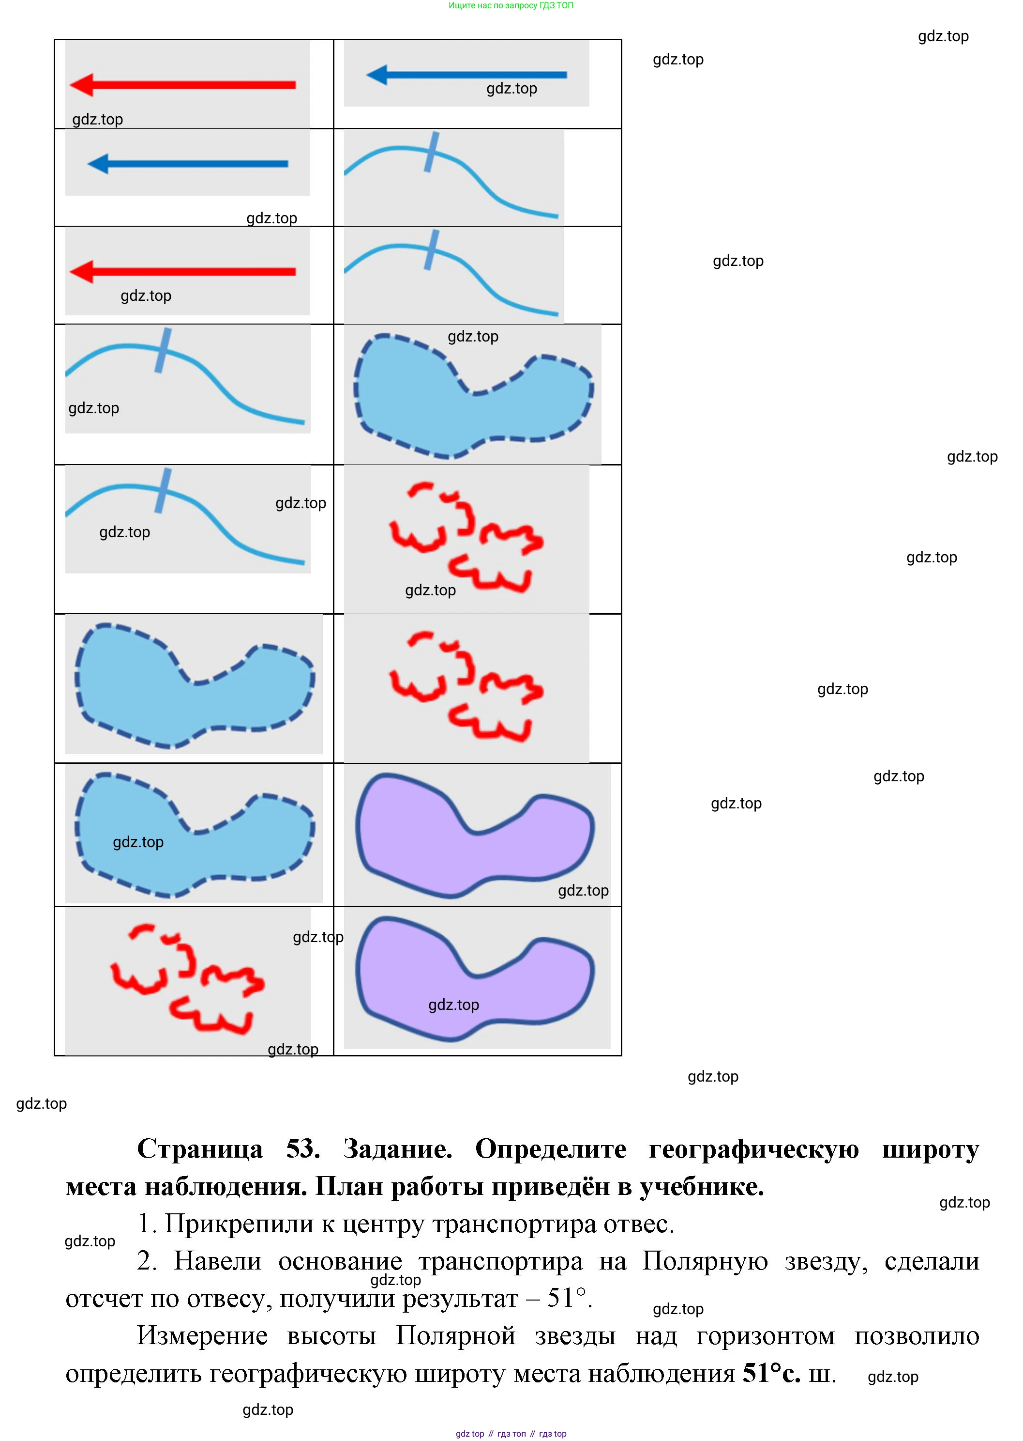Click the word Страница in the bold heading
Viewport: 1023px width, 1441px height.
(x=200, y=1149)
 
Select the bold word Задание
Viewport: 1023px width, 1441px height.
(x=397, y=1149)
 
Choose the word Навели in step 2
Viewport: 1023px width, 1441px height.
(x=217, y=1261)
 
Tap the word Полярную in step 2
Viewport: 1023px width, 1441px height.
(x=704, y=1261)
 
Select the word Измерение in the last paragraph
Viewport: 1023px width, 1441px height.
(x=202, y=1336)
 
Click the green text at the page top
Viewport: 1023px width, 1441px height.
(x=511, y=6)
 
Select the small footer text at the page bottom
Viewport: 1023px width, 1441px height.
(x=511, y=1433)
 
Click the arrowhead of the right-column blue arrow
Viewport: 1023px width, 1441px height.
(x=376, y=75)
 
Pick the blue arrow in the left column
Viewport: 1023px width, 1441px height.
(x=188, y=164)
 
